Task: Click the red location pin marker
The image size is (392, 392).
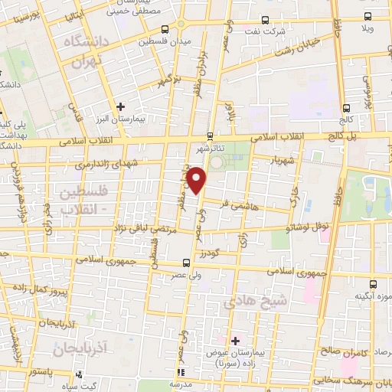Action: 197,181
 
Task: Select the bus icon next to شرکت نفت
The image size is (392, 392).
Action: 265,21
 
